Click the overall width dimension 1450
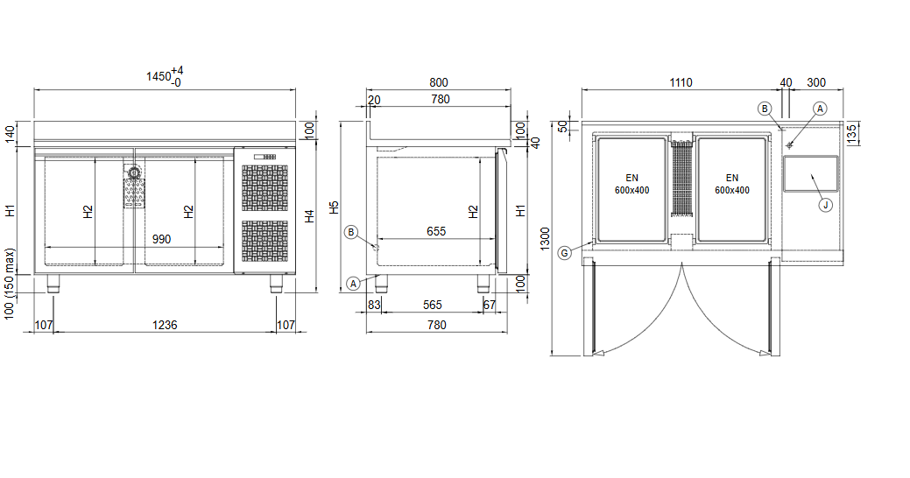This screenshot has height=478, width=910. pos(159,76)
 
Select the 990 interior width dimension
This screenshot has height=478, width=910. pos(161,239)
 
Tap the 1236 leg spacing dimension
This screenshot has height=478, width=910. pos(165,325)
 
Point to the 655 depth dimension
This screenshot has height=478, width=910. pos(436,231)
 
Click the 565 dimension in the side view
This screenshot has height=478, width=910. pos(433,305)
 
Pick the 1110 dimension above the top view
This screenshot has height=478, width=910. pos(681,82)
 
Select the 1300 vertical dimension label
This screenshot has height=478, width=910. pos(545,239)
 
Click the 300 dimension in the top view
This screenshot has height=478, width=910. pos(816,82)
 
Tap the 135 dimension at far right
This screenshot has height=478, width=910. pos(851,133)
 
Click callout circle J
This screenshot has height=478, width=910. pos(825,205)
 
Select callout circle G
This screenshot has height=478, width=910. pos(564,253)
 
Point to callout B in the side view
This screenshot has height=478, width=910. pos(350,233)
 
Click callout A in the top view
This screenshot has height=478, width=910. pos(820,109)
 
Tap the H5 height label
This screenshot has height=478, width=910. pos(335,207)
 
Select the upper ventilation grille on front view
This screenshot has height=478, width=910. pos(265,188)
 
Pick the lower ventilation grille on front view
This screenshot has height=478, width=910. pos(265,241)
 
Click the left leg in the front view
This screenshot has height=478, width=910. pos(53,283)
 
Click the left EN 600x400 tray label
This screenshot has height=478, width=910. pos(632,184)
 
